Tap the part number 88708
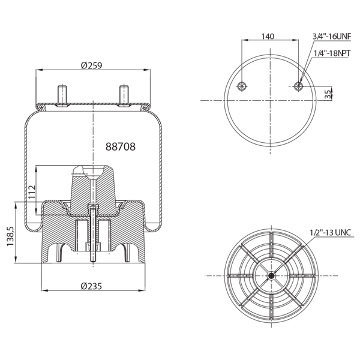point(121,146)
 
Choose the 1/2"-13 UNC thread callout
point(331,232)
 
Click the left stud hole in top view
point(241,86)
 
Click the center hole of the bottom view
point(271,275)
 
